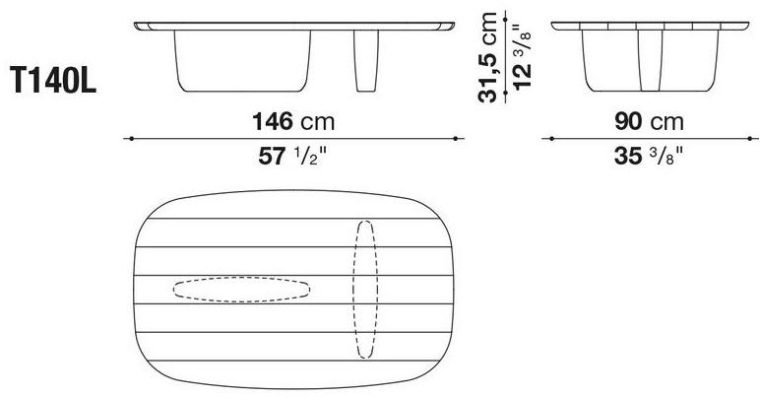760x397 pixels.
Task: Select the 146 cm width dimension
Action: [293, 122]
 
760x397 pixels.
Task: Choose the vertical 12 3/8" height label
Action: [521, 57]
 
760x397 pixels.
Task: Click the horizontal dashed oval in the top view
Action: [242, 289]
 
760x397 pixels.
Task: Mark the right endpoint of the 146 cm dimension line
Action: [457, 139]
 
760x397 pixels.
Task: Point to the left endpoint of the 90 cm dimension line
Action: [549, 139]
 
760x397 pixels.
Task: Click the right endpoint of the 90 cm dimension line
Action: [750, 139]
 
